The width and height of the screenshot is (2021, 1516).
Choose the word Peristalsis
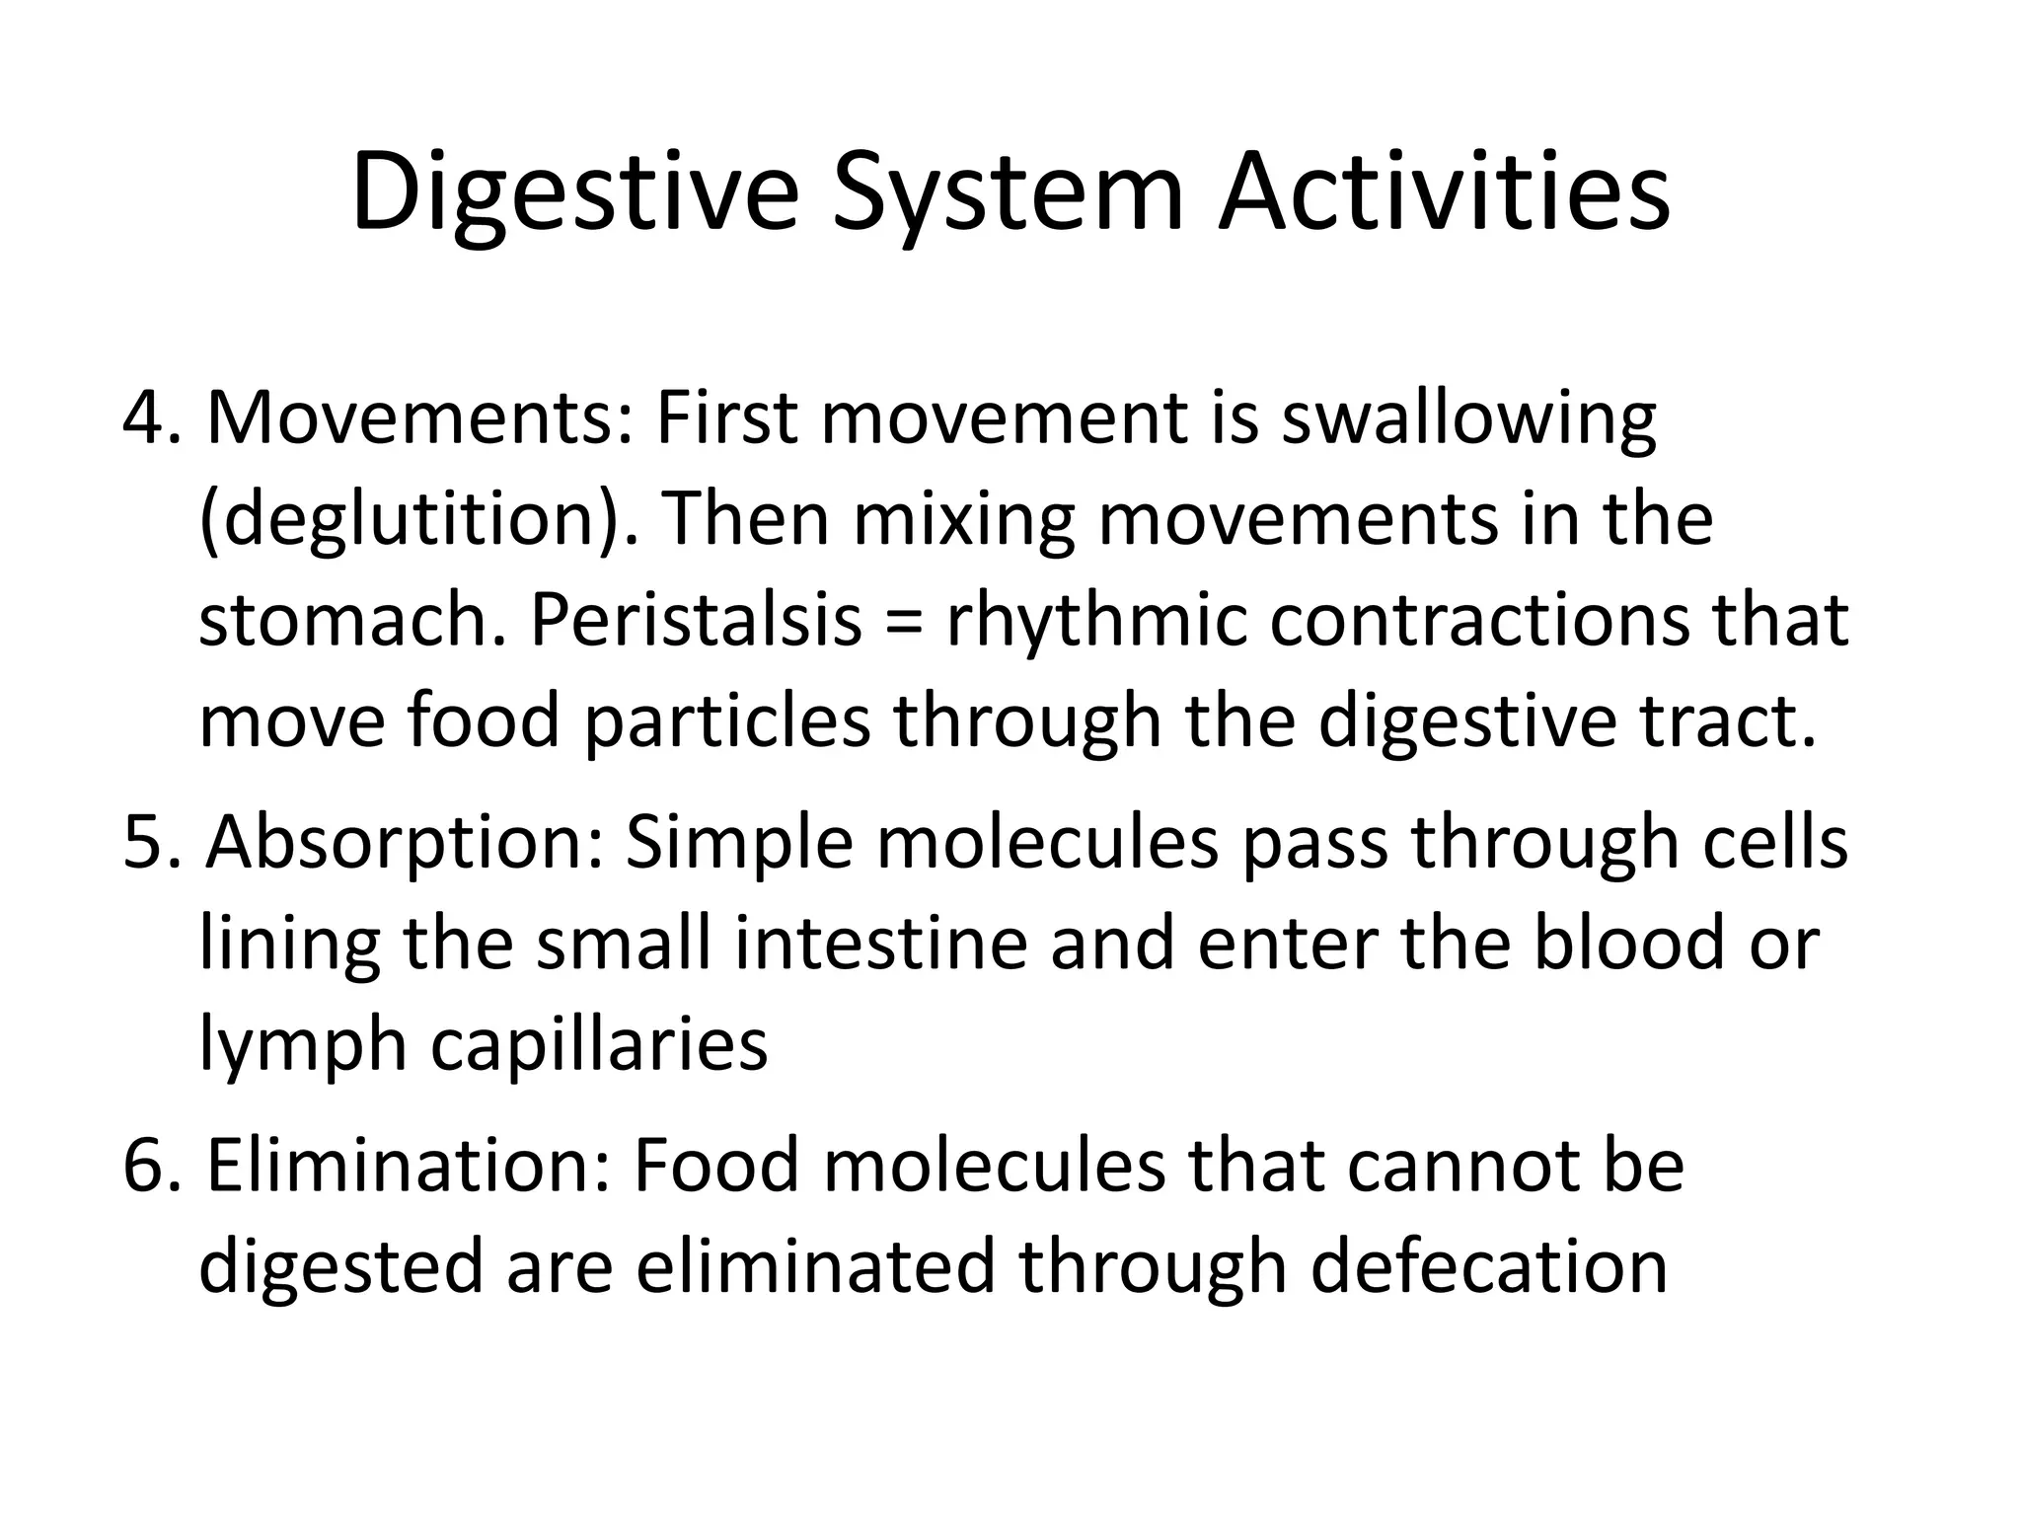point(697,622)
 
